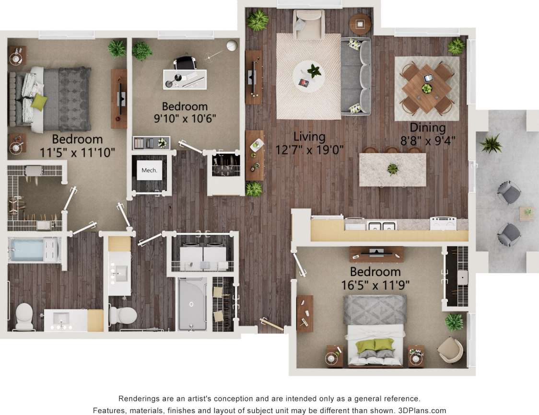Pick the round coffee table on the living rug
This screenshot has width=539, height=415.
(309, 76)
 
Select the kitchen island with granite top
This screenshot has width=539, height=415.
(393, 169)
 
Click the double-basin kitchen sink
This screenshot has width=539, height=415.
(382, 225)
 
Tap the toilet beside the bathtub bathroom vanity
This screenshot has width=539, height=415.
(23, 316)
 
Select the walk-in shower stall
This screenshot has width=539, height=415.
(192, 303)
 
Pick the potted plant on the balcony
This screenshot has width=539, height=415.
(491, 143)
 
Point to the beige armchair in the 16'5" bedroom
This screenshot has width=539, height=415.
(450, 349)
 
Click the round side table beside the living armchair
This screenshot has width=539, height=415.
(360, 23)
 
